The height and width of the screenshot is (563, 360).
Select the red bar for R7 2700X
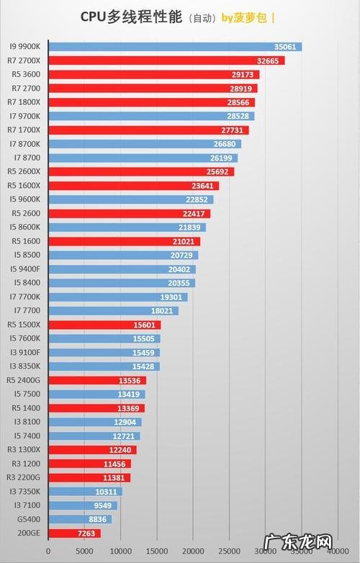166,60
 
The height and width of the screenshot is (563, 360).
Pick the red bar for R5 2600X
140,171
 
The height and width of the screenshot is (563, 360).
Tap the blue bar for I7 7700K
117,297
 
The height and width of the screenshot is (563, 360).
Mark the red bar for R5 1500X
104,325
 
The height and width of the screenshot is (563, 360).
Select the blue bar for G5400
79,519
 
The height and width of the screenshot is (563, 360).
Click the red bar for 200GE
73,533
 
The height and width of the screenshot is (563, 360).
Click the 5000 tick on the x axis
84,551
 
